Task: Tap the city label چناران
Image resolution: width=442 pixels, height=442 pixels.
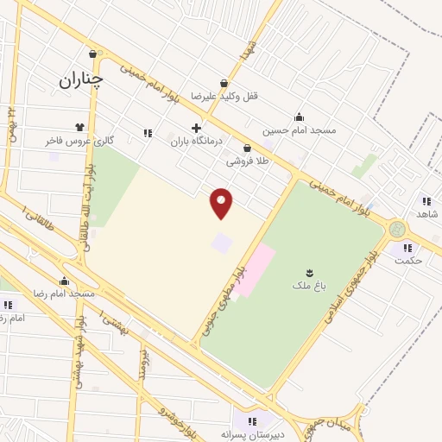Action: [81, 79]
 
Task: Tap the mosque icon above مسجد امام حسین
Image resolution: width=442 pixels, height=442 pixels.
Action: [299, 117]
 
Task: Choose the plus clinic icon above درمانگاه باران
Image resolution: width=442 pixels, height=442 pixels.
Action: [196, 127]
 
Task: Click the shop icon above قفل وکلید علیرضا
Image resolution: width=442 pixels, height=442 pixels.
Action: [224, 84]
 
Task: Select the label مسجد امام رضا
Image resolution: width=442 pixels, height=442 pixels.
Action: [65, 294]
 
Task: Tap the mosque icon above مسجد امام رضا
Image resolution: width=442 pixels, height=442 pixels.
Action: [64, 281]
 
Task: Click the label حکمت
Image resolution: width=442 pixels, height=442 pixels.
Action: [407, 260]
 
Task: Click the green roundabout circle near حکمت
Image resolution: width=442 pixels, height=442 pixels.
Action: [396, 229]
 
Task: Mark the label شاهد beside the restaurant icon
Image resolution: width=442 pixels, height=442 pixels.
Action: [428, 213]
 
